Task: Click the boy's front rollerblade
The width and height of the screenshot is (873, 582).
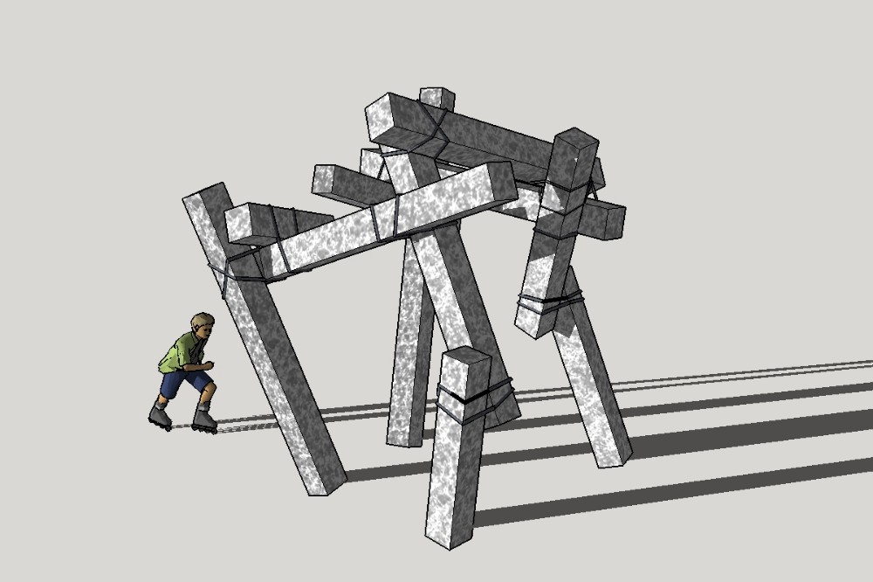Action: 204,421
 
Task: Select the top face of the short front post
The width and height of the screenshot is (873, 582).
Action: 466,358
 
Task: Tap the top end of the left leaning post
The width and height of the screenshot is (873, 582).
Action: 203,194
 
